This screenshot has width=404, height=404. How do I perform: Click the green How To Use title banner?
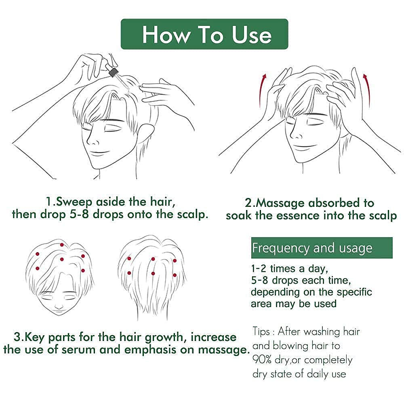(x=205, y=34)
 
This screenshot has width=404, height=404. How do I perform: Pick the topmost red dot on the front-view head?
(x=61, y=244)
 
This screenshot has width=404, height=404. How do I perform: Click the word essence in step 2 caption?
(x=294, y=215)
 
